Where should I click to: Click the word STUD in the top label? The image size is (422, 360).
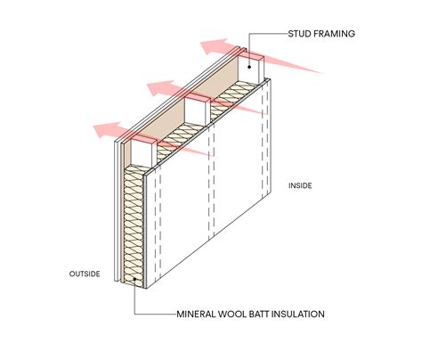tap(299, 34)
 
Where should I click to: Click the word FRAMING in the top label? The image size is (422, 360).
tap(334, 34)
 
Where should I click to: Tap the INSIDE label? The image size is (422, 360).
tap(300, 185)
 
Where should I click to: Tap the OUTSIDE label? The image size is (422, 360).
tap(85, 274)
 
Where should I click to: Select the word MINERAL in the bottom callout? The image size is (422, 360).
tap(196, 314)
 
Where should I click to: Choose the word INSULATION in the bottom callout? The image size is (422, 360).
tap(298, 314)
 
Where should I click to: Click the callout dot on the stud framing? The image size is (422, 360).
tap(249, 67)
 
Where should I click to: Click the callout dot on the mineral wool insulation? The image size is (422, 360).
tap(134, 279)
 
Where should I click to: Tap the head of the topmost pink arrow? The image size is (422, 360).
tap(215, 46)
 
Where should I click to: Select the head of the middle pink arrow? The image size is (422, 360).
tap(161, 88)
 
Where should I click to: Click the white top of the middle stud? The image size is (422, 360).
tap(196, 110)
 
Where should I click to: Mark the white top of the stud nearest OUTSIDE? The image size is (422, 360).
tap(142, 152)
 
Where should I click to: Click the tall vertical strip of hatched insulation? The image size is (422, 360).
tap(134, 226)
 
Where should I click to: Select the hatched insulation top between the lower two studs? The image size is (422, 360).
tap(180, 139)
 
